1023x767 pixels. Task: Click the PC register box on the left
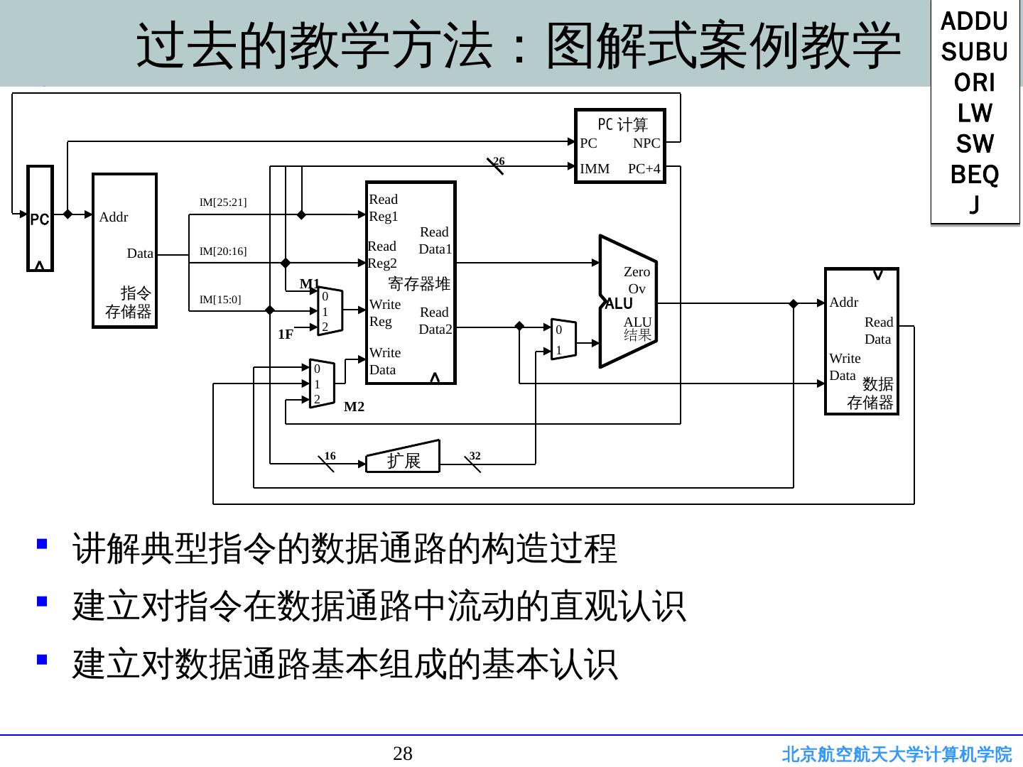(40, 219)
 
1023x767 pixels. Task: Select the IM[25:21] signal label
(223, 202)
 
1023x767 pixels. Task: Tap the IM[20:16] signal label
(223, 251)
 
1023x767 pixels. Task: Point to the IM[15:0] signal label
(220, 300)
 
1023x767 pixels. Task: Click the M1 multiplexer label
(310, 284)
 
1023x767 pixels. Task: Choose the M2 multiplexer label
(354, 407)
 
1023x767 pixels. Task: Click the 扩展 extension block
(403, 459)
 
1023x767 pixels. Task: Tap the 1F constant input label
(286, 334)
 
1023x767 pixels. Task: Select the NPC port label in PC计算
(646, 143)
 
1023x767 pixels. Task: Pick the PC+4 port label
(644, 169)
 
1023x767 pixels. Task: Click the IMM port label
(595, 169)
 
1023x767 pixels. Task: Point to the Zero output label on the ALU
(637, 272)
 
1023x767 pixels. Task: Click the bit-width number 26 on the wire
(499, 161)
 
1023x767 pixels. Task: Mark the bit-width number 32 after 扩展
(475, 455)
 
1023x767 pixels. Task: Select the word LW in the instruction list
(975, 114)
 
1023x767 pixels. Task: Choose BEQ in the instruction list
(975, 175)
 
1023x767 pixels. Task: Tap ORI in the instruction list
(975, 83)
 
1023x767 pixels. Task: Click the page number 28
(403, 754)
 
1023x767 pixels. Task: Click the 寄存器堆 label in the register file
(419, 284)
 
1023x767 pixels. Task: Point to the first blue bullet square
(42, 544)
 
